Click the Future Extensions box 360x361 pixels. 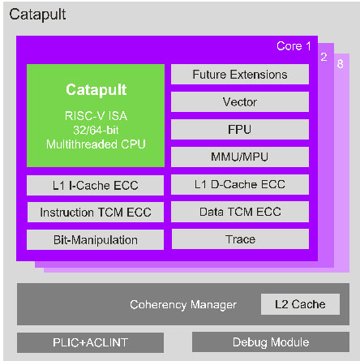click(239, 75)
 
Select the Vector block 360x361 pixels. click(239, 102)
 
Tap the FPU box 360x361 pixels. click(239, 129)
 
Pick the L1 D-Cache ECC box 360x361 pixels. click(239, 186)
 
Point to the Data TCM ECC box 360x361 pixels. click(239, 213)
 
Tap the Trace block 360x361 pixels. click(239, 239)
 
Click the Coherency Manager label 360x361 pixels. click(184, 305)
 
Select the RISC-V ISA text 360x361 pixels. click(96, 115)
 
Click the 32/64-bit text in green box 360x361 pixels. click(96, 130)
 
